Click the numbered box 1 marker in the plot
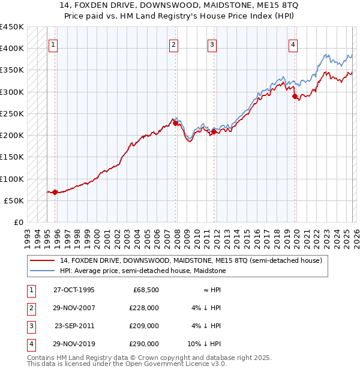click(x=53, y=44)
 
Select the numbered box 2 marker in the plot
click(x=173, y=44)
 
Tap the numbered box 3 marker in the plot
click(x=212, y=44)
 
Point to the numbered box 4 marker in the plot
click(x=293, y=44)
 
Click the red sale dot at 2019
click(x=295, y=96)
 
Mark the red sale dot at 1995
click(x=55, y=192)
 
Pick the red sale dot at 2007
click(x=175, y=123)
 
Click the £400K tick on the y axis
click(x=12, y=49)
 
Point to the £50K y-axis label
click(x=14, y=200)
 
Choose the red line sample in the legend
click(x=42, y=261)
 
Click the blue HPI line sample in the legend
click(x=42, y=271)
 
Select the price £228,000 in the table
click(x=145, y=308)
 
